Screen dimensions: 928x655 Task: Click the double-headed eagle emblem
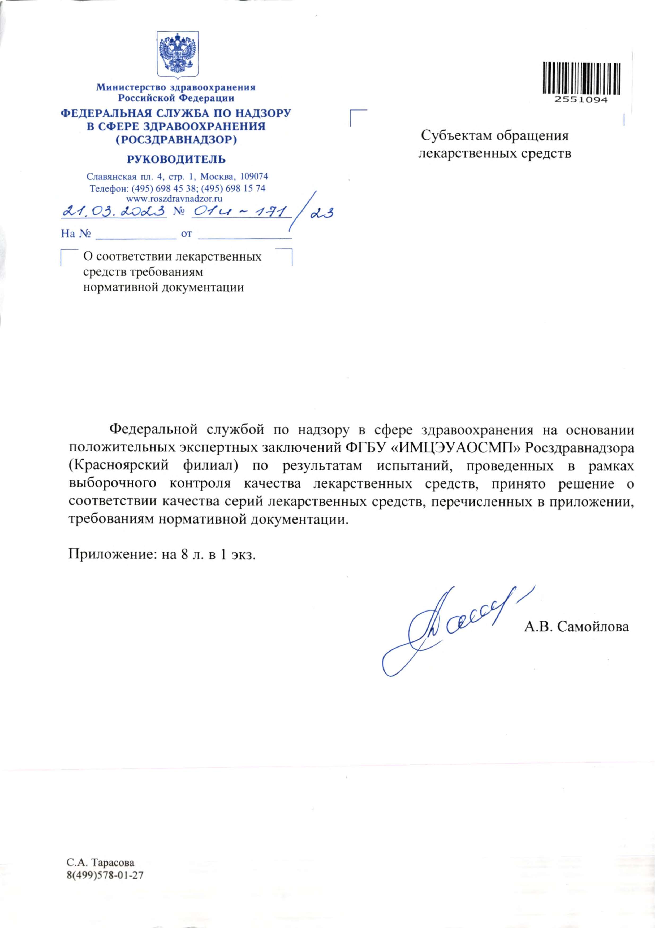point(177,55)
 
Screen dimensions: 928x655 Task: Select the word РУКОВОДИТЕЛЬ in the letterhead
point(176,159)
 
